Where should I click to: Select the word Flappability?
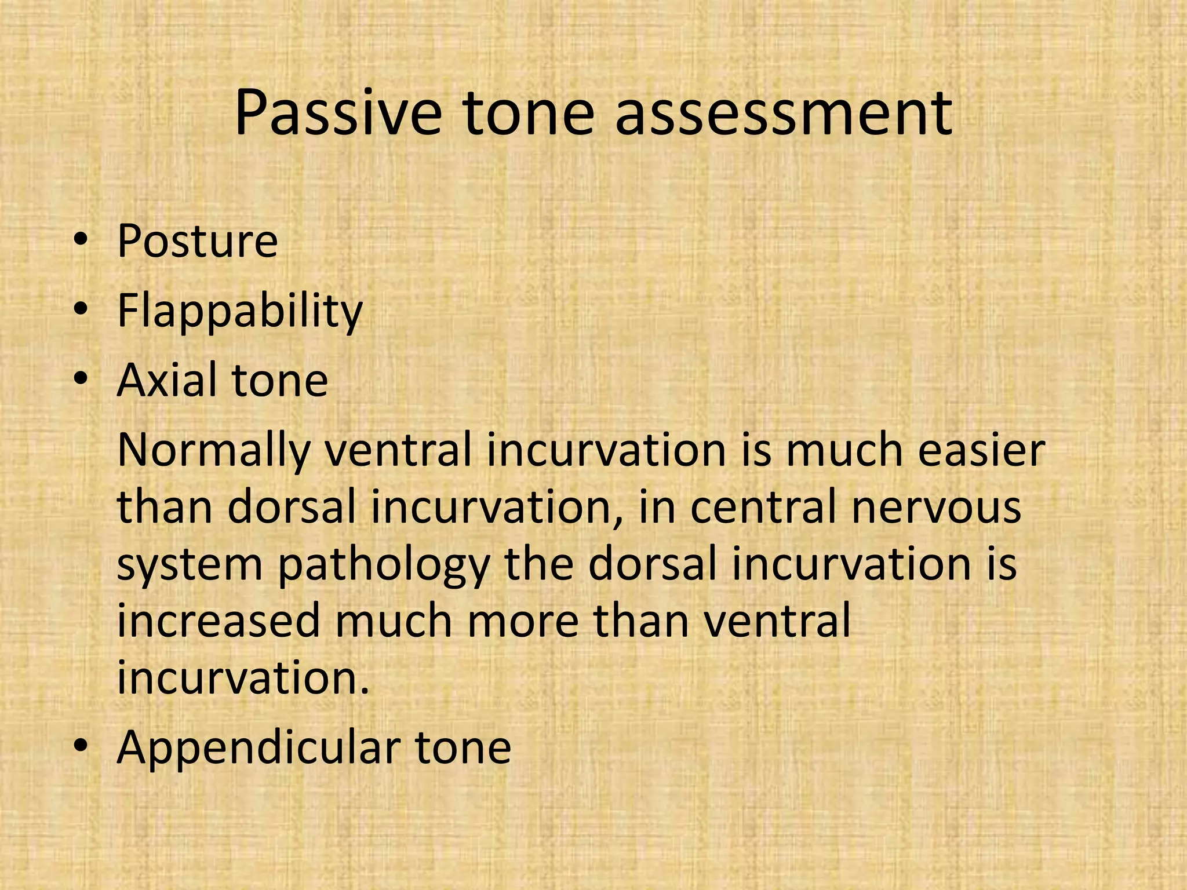click(x=239, y=311)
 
